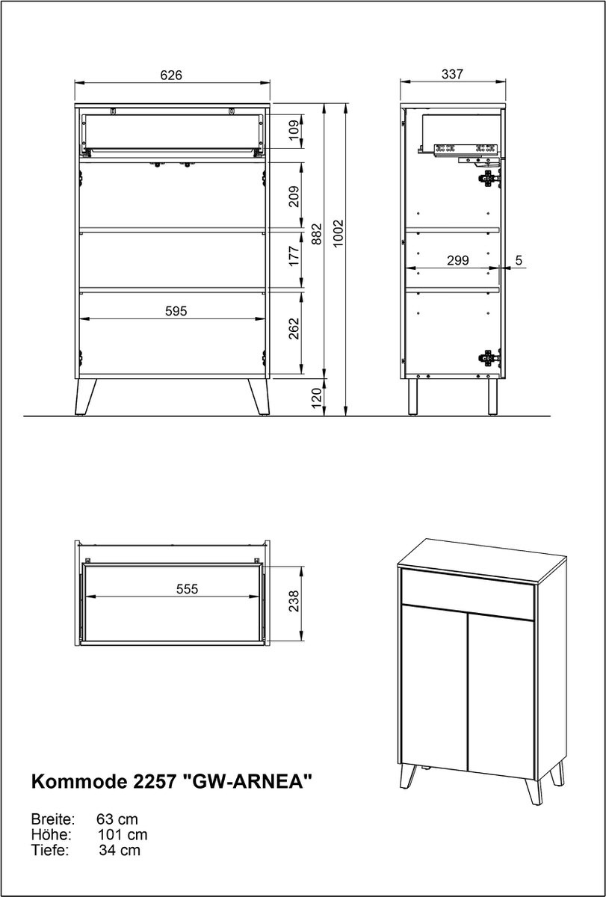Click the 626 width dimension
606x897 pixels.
click(x=171, y=75)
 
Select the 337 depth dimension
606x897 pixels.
click(x=452, y=74)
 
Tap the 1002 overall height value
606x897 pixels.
click(x=338, y=233)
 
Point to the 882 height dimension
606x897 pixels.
click(x=317, y=234)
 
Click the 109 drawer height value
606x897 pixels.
click(x=294, y=131)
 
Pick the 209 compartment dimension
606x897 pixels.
click(x=294, y=196)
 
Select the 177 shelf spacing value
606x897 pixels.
click(x=294, y=256)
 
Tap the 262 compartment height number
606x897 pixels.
click(x=294, y=329)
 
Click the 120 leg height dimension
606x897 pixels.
click(x=317, y=398)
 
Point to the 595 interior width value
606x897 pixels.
click(x=176, y=311)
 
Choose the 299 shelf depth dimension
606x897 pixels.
click(x=457, y=261)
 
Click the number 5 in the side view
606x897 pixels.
click(x=519, y=260)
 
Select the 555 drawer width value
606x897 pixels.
click(x=187, y=589)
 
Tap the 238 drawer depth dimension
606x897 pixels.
click(x=294, y=601)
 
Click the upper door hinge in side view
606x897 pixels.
click(x=489, y=179)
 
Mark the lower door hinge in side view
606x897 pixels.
click(x=489, y=357)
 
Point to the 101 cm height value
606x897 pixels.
click(x=123, y=835)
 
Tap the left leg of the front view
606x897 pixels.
click(x=86, y=396)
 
